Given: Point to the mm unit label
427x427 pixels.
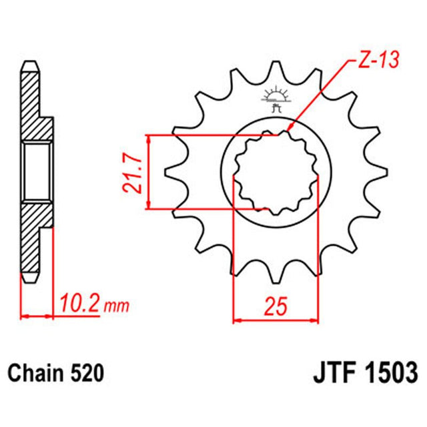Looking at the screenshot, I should [x=117, y=307].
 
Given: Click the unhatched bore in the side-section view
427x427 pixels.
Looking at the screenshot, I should [x=37, y=171].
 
